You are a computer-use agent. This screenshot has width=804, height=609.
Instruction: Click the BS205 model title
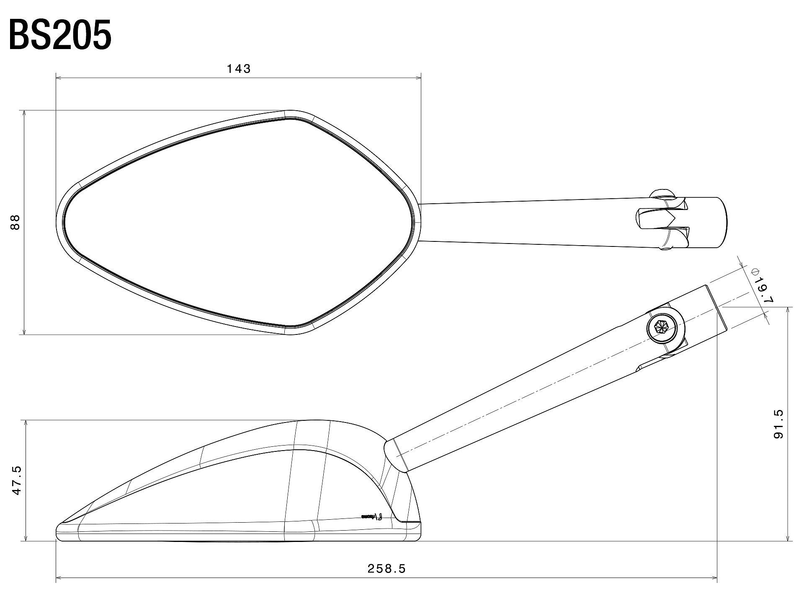60,36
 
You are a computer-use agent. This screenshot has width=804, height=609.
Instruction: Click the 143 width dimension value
239,69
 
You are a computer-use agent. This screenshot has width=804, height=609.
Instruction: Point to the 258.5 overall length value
387,569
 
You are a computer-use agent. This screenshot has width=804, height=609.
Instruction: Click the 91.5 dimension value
778,424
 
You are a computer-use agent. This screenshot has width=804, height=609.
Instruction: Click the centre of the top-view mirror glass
239,222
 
